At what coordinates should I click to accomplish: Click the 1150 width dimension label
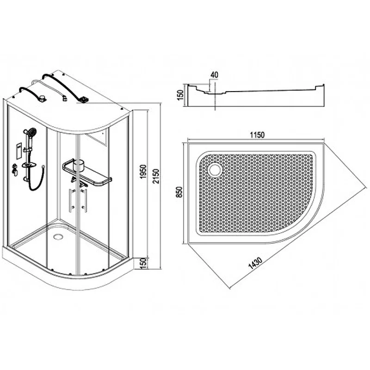(x=257, y=135)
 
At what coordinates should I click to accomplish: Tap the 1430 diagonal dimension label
(x=255, y=263)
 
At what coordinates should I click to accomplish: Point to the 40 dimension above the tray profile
(x=214, y=75)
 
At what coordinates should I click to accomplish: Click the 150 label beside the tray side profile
(x=180, y=95)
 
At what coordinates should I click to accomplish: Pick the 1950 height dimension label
(x=143, y=172)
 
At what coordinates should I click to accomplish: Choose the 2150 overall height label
(x=156, y=176)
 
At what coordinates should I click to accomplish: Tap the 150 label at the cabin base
(x=143, y=263)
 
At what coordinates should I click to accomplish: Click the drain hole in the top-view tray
(x=215, y=170)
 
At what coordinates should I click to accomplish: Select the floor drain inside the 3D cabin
(x=57, y=236)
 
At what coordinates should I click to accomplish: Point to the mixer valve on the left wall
(x=14, y=169)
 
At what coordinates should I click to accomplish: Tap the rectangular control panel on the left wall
(x=19, y=151)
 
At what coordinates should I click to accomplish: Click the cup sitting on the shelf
(x=79, y=164)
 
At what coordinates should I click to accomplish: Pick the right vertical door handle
(x=84, y=201)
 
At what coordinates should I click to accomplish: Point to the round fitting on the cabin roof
(x=42, y=98)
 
